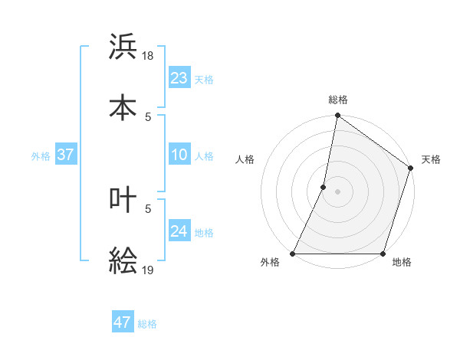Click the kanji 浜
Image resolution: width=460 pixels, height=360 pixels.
[x=123, y=47]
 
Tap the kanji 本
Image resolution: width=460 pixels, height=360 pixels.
[x=123, y=108]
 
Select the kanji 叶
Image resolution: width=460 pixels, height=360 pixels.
[x=123, y=200]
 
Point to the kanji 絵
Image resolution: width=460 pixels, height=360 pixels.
[x=123, y=261]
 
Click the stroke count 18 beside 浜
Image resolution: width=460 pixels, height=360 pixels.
[x=149, y=56]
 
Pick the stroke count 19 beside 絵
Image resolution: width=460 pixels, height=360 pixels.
[x=149, y=270]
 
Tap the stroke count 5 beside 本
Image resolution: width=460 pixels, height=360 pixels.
[x=148, y=116]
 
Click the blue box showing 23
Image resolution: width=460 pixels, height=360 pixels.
[x=179, y=77]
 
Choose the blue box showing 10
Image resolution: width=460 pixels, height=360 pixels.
[x=179, y=155]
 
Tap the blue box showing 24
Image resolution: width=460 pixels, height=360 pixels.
[x=179, y=231]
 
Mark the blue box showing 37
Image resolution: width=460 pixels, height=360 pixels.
[x=65, y=155]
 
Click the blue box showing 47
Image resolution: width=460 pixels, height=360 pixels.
[x=123, y=322]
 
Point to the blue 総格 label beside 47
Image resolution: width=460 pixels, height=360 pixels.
[x=147, y=324]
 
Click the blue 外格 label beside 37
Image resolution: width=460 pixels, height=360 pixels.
[x=41, y=156]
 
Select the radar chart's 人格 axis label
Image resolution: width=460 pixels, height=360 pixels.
[x=245, y=159]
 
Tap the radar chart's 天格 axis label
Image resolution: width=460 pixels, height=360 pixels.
[x=431, y=159]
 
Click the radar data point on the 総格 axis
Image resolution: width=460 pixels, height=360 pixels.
[x=337, y=116]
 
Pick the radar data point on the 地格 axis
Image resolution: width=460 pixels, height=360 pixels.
[x=383, y=254]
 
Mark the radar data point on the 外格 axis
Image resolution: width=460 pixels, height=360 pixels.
[x=293, y=254]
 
